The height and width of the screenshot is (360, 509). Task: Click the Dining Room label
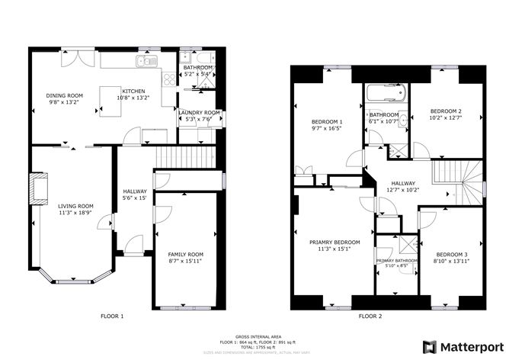[x=64, y=95]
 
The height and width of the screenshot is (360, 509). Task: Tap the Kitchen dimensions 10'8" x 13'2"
[x=133, y=98]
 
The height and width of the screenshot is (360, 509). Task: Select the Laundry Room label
[x=199, y=112]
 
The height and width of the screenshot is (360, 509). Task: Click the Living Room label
[x=75, y=206]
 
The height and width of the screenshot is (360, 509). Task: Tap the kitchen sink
[x=144, y=61]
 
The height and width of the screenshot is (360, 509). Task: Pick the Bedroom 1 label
[x=326, y=122]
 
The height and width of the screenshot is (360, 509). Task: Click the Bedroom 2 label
[x=445, y=111]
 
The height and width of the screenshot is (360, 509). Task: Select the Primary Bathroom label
[x=396, y=261]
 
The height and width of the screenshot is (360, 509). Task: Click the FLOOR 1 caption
[x=112, y=316]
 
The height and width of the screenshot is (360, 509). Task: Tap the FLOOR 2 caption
[x=370, y=316]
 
